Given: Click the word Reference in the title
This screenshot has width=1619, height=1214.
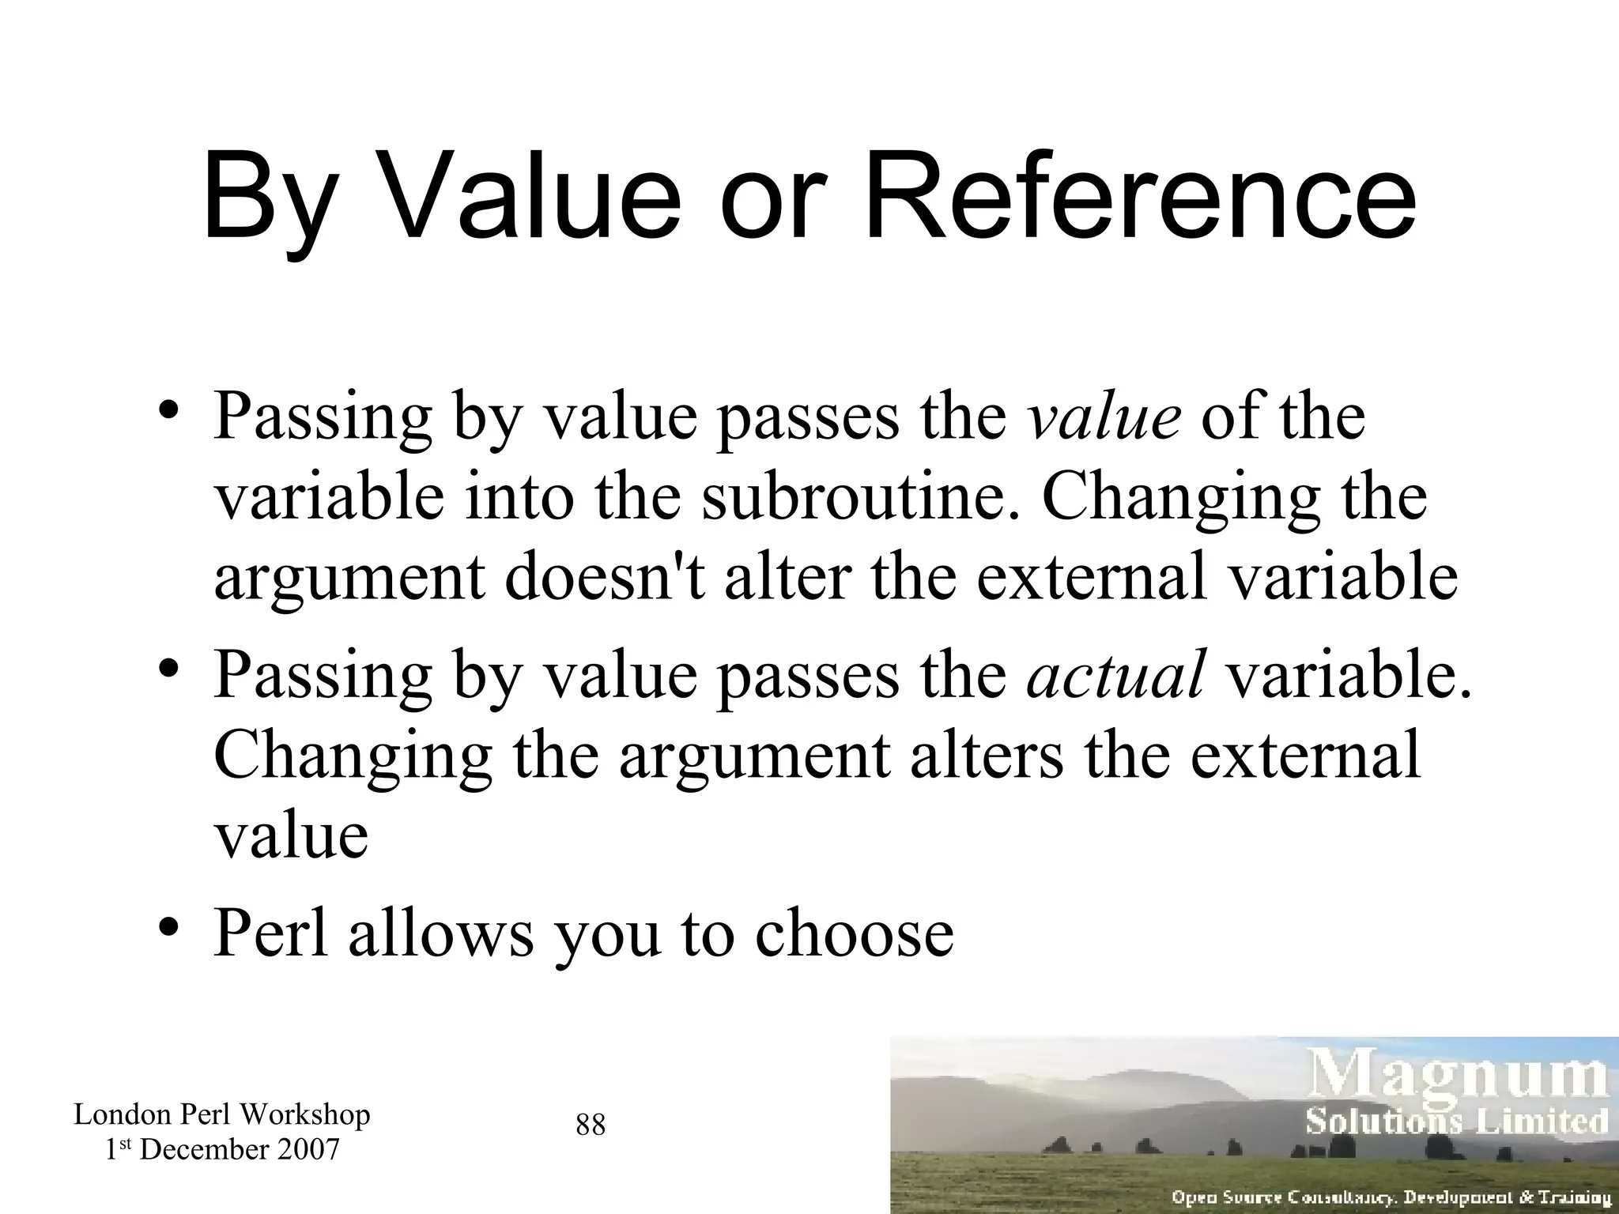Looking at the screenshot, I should (x=1141, y=196).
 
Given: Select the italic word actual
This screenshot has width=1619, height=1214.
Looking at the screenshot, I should (x=1116, y=674).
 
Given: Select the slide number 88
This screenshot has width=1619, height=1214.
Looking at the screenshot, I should (x=591, y=1125).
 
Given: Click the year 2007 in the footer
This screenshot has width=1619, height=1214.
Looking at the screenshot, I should (x=308, y=1149).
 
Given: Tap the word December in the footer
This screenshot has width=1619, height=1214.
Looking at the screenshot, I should (x=204, y=1149).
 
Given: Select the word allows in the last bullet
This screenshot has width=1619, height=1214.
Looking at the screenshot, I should (x=440, y=933).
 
